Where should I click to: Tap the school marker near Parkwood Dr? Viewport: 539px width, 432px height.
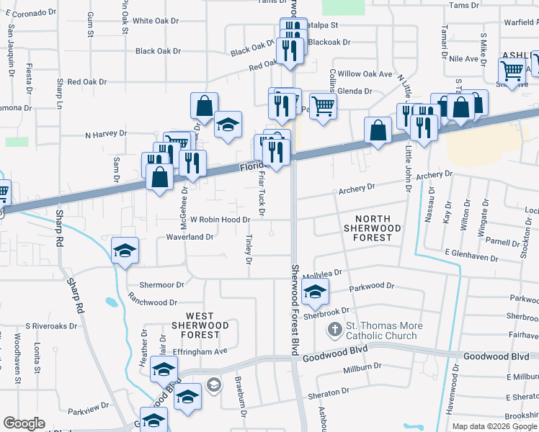(315, 291)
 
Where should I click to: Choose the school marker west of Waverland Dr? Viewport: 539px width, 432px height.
(125, 251)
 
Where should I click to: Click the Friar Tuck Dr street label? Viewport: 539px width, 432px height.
(262, 193)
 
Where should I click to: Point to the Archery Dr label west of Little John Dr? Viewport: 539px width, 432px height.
(357, 189)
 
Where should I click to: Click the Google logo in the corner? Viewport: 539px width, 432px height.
(24, 423)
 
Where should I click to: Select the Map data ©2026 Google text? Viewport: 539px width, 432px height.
(494, 426)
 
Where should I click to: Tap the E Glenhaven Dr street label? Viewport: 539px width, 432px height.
(472, 256)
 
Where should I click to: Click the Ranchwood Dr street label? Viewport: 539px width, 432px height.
(152, 302)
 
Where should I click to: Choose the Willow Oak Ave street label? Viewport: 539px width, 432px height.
(365, 74)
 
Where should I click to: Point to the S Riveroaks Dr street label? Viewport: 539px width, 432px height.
(50, 325)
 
